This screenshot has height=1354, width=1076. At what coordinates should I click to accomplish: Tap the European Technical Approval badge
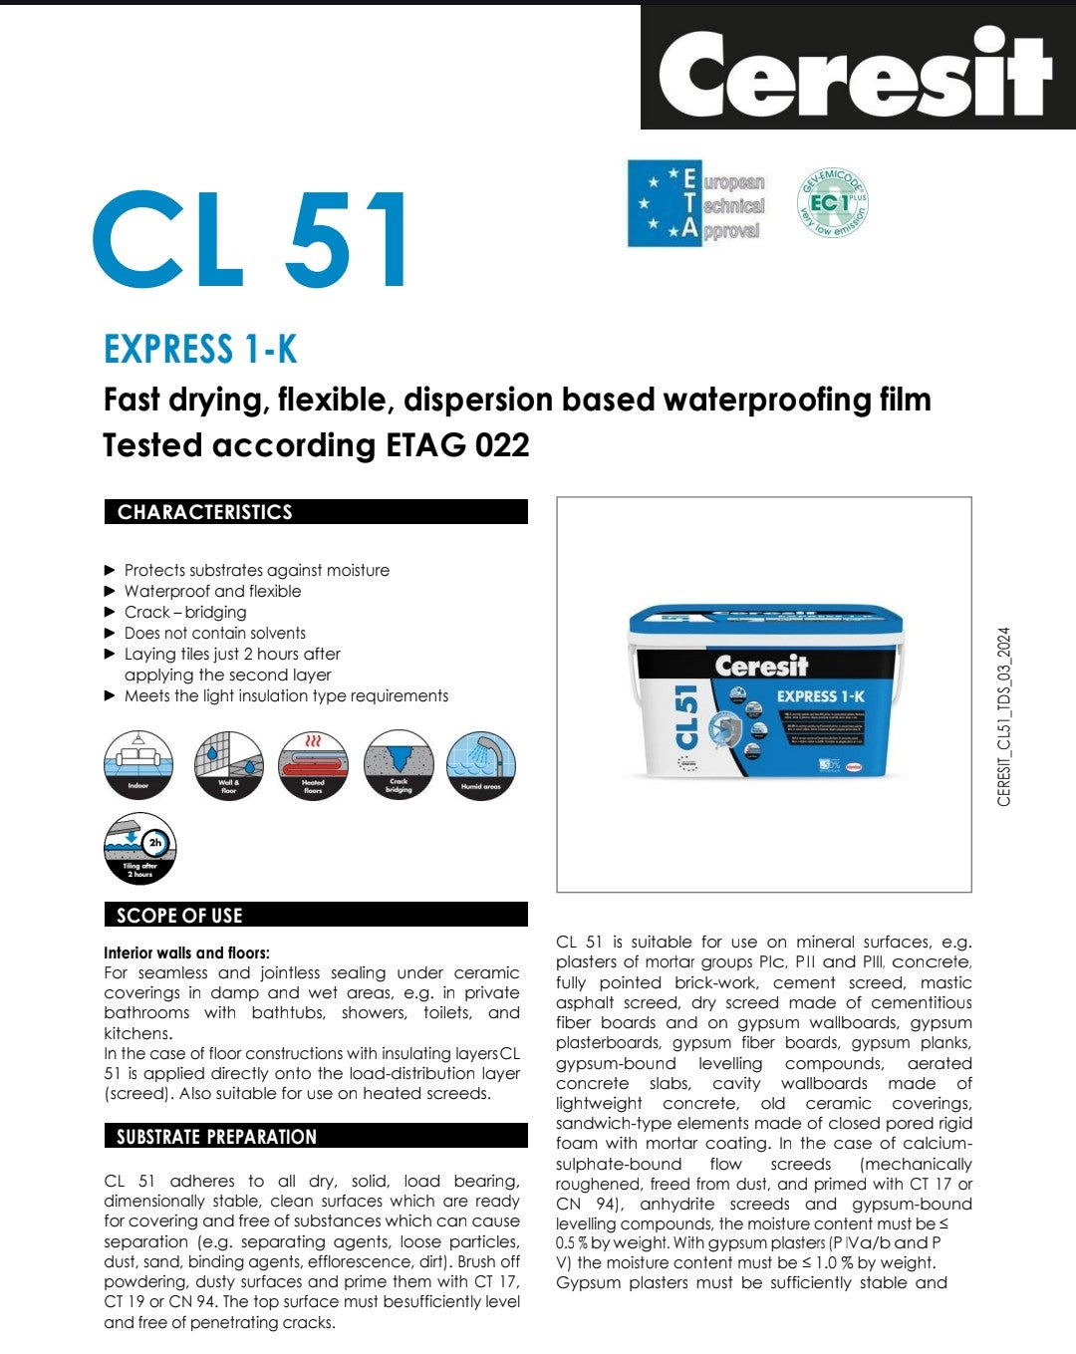click(x=696, y=204)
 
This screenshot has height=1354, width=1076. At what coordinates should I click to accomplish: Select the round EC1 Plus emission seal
click(x=832, y=203)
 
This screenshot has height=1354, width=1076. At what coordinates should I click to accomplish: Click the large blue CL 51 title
click(x=251, y=240)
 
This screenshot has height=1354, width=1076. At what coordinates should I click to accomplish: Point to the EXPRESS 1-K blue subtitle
click(x=200, y=350)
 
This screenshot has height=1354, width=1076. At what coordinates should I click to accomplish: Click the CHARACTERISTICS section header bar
click(x=316, y=512)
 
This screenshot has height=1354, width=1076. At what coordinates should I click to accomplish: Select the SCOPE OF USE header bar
click(x=316, y=915)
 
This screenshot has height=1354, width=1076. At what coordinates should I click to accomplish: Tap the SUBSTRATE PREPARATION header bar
click(x=316, y=1136)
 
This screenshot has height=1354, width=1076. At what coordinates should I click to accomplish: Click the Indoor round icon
click(x=138, y=765)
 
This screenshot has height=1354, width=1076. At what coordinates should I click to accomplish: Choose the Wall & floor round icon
click(x=228, y=765)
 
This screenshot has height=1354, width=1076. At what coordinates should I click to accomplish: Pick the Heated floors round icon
click(x=313, y=765)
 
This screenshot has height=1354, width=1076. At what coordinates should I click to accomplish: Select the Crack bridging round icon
click(x=399, y=765)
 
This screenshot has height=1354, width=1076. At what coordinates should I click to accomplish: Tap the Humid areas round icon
click(x=481, y=765)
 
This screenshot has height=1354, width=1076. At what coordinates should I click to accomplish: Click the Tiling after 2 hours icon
click(x=139, y=849)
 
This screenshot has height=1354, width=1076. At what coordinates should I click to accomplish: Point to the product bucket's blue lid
click(x=765, y=624)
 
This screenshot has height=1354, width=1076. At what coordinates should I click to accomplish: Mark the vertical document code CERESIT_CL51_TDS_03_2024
click(x=1003, y=716)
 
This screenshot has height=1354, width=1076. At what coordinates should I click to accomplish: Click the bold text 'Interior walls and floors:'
click(x=186, y=952)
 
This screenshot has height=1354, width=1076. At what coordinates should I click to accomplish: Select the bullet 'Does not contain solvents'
click(x=214, y=633)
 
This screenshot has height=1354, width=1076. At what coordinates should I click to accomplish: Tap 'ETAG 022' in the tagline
click(x=457, y=444)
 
